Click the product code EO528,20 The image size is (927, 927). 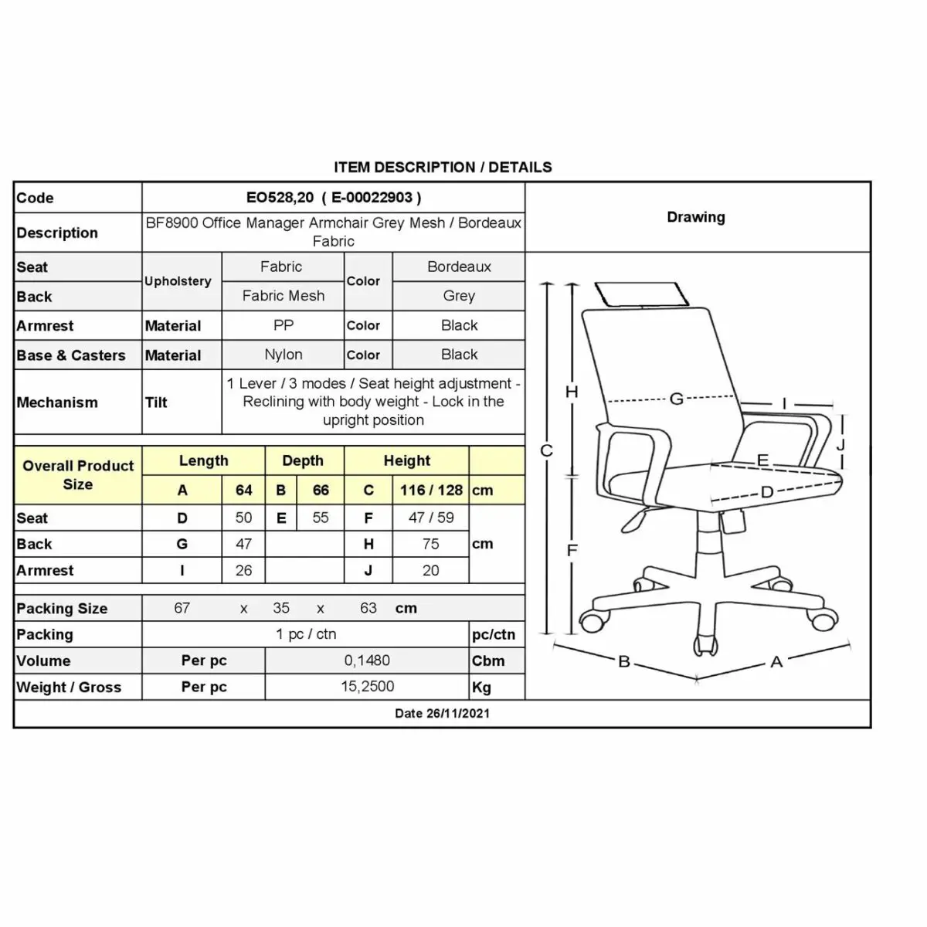point(280,197)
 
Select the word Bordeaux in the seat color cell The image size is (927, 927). point(459,267)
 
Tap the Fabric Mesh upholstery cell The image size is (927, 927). point(284,295)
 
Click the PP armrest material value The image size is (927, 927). point(284,325)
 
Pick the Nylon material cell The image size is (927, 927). point(284,355)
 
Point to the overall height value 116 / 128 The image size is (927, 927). point(431,490)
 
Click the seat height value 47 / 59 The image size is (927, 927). point(431,518)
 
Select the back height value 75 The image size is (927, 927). point(430,544)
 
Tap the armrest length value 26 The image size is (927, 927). point(243,570)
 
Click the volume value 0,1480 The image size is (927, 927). point(367,660)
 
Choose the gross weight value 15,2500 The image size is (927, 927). point(368,687)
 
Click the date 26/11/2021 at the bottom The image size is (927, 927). point(457,713)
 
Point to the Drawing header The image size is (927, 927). point(696,217)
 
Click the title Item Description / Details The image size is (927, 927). point(443,167)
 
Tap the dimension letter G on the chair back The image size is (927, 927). point(677,399)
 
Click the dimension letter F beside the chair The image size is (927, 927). point(572,550)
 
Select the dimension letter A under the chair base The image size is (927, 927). point(776,662)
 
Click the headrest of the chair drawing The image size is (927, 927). point(642,294)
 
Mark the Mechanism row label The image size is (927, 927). point(56,402)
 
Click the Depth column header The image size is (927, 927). point(303,460)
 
